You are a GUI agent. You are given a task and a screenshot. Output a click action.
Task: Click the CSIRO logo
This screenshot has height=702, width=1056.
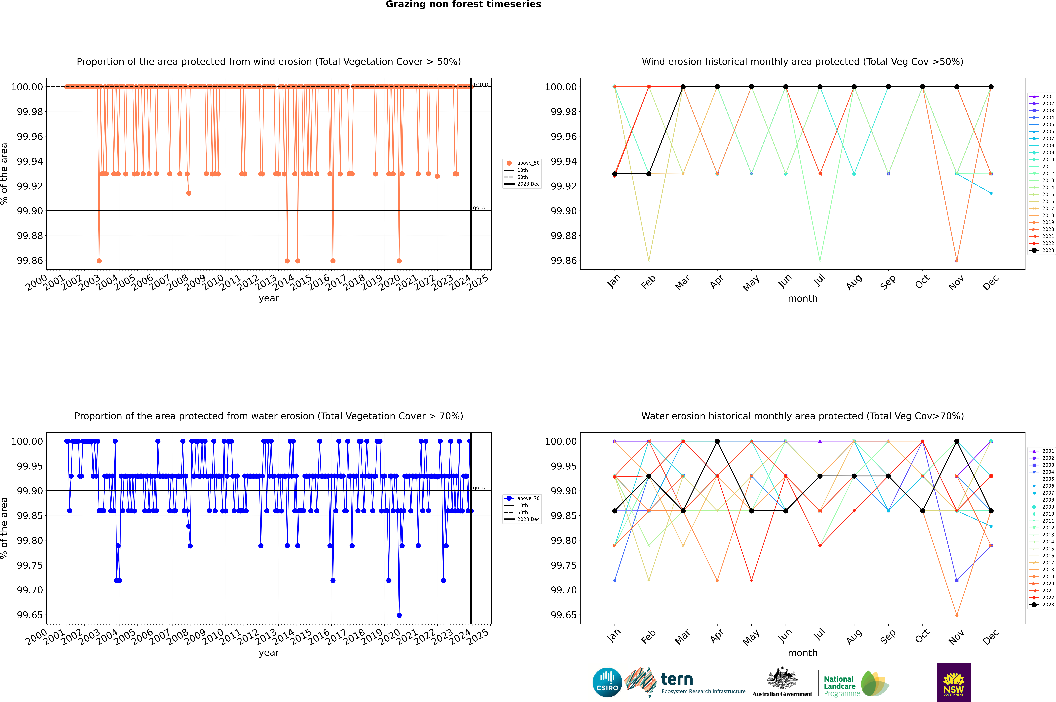[607, 682]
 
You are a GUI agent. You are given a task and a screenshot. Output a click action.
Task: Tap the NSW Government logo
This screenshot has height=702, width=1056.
[953, 682]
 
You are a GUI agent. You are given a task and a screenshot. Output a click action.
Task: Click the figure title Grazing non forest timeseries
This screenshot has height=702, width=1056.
[463, 4]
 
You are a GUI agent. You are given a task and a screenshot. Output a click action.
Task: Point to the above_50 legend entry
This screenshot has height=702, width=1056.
[522, 163]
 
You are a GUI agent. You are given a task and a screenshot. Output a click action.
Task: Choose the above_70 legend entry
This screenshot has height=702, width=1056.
[522, 498]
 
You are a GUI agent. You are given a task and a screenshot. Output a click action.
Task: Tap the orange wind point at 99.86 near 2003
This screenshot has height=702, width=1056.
[99, 261]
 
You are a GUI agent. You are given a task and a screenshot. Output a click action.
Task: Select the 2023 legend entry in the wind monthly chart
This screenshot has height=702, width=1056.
[1042, 250]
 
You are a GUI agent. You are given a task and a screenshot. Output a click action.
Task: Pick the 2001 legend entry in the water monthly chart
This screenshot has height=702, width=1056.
[1042, 451]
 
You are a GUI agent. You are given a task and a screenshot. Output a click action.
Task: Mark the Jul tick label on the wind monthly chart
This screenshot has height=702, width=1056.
[819, 280]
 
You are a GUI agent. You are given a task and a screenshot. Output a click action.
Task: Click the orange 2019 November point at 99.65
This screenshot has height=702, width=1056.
[957, 615]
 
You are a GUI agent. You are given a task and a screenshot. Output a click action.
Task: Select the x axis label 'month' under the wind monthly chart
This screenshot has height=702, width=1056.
[802, 299]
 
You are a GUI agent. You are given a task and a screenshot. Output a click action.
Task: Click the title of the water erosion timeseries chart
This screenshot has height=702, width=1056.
[269, 416]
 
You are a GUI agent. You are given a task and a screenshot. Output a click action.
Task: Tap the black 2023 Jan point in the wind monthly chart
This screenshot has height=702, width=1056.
[615, 174]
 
